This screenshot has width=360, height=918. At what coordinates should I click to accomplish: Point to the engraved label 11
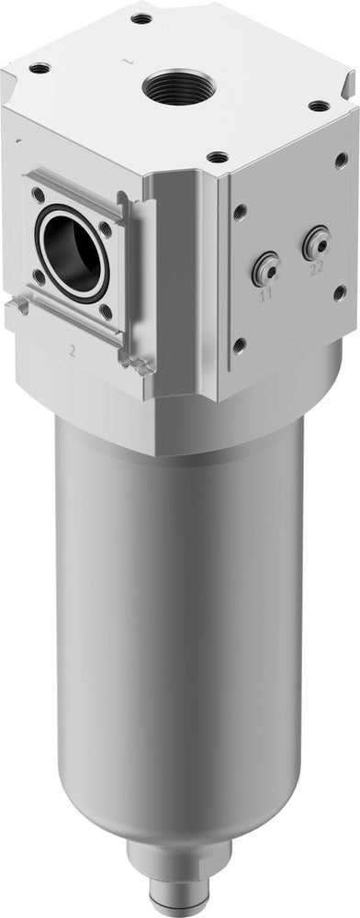[266, 296]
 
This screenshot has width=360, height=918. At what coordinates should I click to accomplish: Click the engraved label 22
[316, 269]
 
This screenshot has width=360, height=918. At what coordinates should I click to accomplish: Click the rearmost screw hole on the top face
[141, 17]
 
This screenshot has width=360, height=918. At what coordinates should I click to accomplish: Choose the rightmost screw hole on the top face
[318, 106]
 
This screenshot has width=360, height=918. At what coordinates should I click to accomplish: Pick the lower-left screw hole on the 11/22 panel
[240, 344]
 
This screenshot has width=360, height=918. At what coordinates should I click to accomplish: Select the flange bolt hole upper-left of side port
[38, 194]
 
